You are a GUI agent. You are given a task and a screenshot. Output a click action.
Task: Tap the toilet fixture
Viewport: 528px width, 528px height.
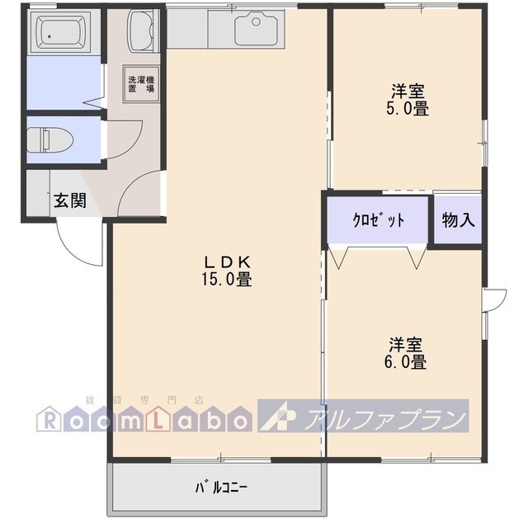coord(50,139)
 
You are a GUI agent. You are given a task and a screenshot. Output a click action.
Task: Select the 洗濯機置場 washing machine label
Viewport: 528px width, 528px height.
coord(141,84)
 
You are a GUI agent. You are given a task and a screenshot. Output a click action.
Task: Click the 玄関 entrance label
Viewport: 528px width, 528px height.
coord(70,200)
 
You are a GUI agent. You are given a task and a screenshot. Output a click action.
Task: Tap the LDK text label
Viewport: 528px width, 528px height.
coord(226,262)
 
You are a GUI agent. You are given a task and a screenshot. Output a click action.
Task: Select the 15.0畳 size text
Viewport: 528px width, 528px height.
coord(226,279)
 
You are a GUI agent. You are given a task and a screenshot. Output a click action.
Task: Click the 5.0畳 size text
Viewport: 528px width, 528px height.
coord(408,108)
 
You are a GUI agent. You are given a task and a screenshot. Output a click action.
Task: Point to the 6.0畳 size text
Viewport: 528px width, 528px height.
coord(405,361)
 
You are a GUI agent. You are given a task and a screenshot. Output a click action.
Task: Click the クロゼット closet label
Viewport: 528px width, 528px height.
coord(378,220)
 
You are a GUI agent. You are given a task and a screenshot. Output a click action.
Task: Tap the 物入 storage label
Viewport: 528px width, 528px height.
coord(458,220)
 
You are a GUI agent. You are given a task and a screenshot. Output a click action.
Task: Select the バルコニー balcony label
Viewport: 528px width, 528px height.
coord(221,488)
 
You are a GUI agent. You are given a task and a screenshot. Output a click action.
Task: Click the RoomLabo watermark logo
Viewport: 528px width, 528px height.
coord(144,418)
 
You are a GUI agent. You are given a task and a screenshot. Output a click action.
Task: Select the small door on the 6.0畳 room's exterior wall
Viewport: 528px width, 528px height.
coord(494,299)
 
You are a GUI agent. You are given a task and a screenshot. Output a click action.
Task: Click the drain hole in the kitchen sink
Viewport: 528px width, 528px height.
coord(256,22)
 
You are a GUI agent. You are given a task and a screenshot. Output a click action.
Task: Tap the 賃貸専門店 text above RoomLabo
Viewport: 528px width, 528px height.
coord(145,399)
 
